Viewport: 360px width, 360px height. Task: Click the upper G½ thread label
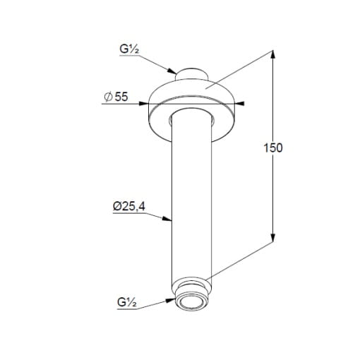tap(129, 49)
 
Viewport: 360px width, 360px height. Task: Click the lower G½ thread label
tap(127, 302)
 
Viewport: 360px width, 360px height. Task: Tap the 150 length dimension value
tap(273, 148)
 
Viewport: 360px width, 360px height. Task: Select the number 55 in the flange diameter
tap(121, 97)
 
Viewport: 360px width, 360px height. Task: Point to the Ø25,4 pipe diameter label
tap(129, 206)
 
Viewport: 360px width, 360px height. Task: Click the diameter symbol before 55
tap(108, 97)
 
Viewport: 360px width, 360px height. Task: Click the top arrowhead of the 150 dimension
tap(272, 54)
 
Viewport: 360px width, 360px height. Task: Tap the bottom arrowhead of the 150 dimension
tap(272, 238)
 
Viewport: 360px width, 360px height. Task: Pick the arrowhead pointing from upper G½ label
tap(172, 71)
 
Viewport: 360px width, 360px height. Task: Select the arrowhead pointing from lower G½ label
tap(170, 301)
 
